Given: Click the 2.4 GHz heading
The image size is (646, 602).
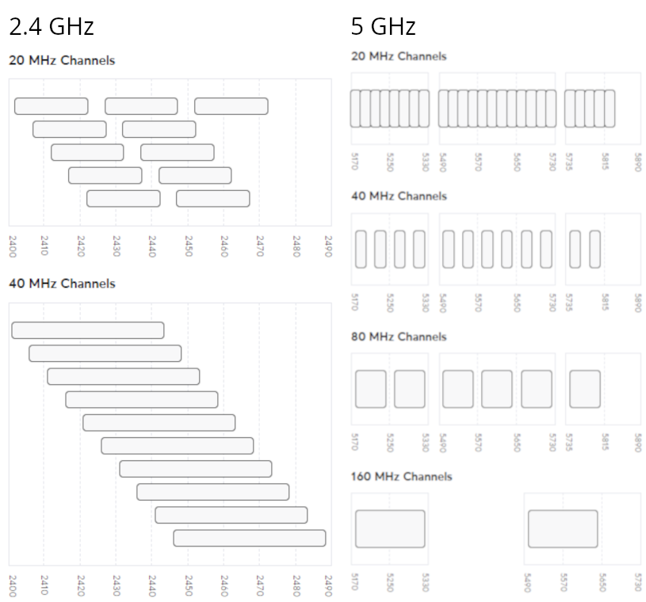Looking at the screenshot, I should click(x=52, y=26).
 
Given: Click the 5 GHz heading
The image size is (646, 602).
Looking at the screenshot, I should click(x=383, y=26).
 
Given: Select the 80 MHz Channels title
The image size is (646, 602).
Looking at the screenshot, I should click(x=399, y=337).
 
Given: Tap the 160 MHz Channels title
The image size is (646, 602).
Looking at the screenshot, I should click(x=402, y=476).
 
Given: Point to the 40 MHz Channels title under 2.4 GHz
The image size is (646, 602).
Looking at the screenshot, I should click(x=62, y=284).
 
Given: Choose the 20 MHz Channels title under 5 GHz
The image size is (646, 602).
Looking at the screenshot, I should click(x=399, y=56).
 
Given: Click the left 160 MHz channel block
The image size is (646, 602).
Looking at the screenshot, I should click(x=390, y=528).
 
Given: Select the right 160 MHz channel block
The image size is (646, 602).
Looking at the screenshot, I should click(x=563, y=528).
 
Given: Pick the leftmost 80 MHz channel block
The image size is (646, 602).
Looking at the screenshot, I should click(x=371, y=389).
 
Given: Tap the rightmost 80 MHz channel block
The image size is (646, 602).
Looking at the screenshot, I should click(x=585, y=389).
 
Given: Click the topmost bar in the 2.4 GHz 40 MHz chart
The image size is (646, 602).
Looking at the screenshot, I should click(x=88, y=330).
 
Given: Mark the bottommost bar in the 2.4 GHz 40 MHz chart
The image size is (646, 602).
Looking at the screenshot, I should click(x=250, y=538).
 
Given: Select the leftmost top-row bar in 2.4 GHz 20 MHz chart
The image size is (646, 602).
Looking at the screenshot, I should click(x=52, y=106).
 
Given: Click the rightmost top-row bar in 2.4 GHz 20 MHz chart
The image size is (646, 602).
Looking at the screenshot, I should click(x=231, y=106).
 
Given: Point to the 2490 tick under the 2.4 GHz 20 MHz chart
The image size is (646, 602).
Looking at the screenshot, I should click(x=329, y=246).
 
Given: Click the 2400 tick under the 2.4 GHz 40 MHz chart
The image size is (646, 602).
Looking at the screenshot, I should click(x=12, y=587).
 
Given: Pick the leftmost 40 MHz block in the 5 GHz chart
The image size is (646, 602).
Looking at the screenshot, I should click(x=361, y=250).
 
